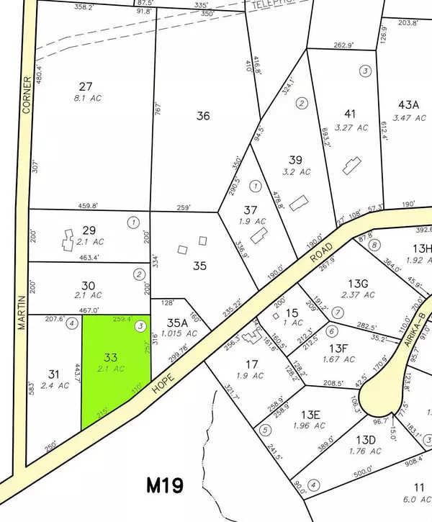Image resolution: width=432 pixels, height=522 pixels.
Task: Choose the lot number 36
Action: tap(204, 115)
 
